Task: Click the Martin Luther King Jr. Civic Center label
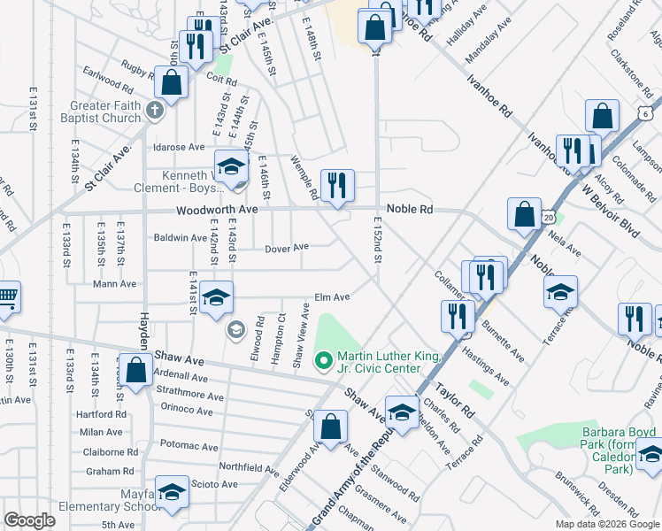pos(389,362)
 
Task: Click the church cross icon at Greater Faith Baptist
pos(155,112)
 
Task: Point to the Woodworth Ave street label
pos(217,210)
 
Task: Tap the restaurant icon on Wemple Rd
pos(337,186)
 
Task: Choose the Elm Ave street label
pos(333,297)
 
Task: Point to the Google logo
pos(29,520)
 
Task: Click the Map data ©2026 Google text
pos(606,524)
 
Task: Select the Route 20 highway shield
pos(550,217)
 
